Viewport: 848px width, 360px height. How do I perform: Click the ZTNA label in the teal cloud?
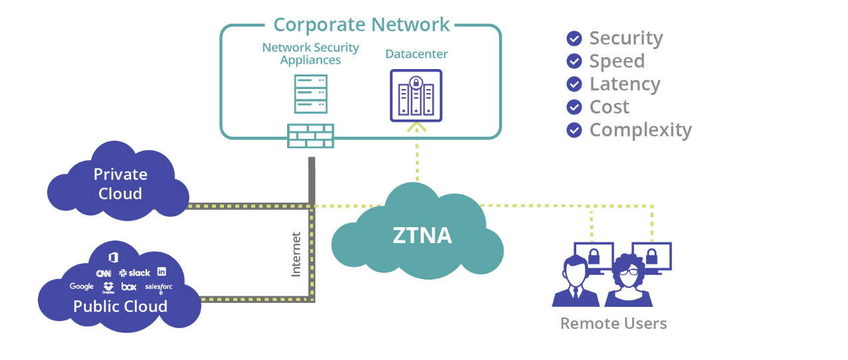[x=423, y=235]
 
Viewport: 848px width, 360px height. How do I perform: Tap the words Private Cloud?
[x=120, y=184]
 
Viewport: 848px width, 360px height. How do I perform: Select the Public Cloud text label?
[x=120, y=306]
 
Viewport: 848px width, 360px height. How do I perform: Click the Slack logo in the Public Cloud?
[x=135, y=273]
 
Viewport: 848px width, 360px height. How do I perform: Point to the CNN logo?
[x=103, y=273]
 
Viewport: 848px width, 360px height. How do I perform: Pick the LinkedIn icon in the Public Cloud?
[x=161, y=272]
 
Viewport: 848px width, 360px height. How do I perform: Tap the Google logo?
[x=82, y=286]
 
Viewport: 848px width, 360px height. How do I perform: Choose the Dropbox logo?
[x=108, y=288]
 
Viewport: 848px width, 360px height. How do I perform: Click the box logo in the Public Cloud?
[x=129, y=287]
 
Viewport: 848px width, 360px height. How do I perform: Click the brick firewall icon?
[x=310, y=135]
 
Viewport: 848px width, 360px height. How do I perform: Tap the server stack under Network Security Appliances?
[x=310, y=94]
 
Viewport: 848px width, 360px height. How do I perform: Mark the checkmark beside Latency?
[x=574, y=84]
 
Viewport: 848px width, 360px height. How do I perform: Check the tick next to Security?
[x=574, y=39]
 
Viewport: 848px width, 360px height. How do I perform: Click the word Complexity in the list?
[x=641, y=130]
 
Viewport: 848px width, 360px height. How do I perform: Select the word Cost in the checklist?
[x=609, y=107]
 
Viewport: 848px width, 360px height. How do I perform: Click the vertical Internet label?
[x=296, y=254]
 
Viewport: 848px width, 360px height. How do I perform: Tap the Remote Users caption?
[x=613, y=323]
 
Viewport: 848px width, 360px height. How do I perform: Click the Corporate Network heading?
[x=362, y=25]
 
